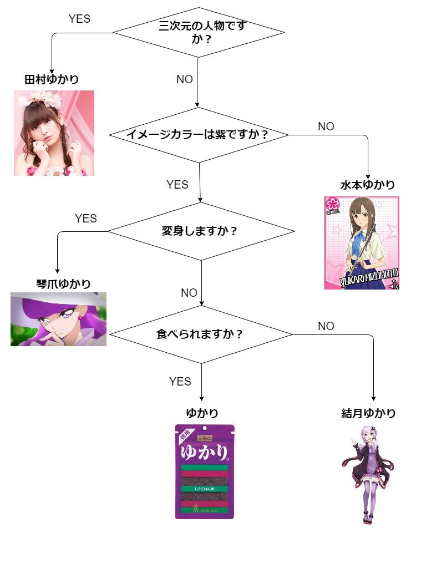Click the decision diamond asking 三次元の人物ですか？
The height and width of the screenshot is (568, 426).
(x=198, y=33)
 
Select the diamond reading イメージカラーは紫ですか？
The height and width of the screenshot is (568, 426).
(x=199, y=135)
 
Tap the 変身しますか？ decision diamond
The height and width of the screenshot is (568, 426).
(x=201, y=231)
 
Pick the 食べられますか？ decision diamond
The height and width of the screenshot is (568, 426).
(x=201, y=334)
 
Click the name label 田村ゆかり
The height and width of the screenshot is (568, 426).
(x=52, y=80)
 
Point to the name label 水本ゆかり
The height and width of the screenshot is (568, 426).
(x=368, y=185)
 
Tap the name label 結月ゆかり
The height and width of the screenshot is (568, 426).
(x=369, y=413)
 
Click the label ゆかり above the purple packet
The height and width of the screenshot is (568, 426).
(x=202, y=413)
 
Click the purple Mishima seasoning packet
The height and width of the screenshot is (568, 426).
(x=205, y=472)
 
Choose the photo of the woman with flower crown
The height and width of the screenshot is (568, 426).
(x=54, y=133)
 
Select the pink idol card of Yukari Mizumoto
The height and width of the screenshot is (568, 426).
(x=362, y=243)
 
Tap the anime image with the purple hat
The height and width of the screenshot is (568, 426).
(x=58, y=319)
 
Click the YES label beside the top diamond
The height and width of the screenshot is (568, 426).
(x=79, y=18)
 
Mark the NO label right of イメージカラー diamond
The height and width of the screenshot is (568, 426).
(x=326, y=126)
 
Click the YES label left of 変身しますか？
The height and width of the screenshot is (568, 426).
(x=86, y=219)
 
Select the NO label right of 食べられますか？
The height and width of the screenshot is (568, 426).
(x=326, y=326)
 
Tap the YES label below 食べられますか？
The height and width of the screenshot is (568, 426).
(x=180, y=382)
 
